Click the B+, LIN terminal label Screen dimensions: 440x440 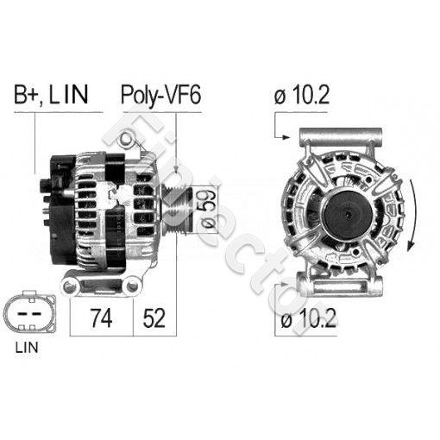point(51,94)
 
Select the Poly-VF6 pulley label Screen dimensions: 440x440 point(161,95)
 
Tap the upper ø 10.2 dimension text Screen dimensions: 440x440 point(301,95)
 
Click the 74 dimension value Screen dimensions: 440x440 point(101,318)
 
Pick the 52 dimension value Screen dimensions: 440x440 point(154,318)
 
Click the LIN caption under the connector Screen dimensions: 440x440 point(27,348)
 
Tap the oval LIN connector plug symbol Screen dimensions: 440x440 point(29,313)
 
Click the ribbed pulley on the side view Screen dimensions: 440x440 point(176,210)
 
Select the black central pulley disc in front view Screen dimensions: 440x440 point(348,215)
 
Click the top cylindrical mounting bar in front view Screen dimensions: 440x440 point(341,136)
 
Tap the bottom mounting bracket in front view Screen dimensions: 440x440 point(340,286)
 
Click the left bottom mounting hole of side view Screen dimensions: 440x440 point(69,286)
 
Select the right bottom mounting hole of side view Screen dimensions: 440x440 point(132,286)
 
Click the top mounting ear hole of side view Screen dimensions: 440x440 point(127,139)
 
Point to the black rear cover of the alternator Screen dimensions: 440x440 point(61,210)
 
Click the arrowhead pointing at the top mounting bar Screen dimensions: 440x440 point(286,137)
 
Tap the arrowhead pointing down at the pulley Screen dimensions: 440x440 point(176,170)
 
